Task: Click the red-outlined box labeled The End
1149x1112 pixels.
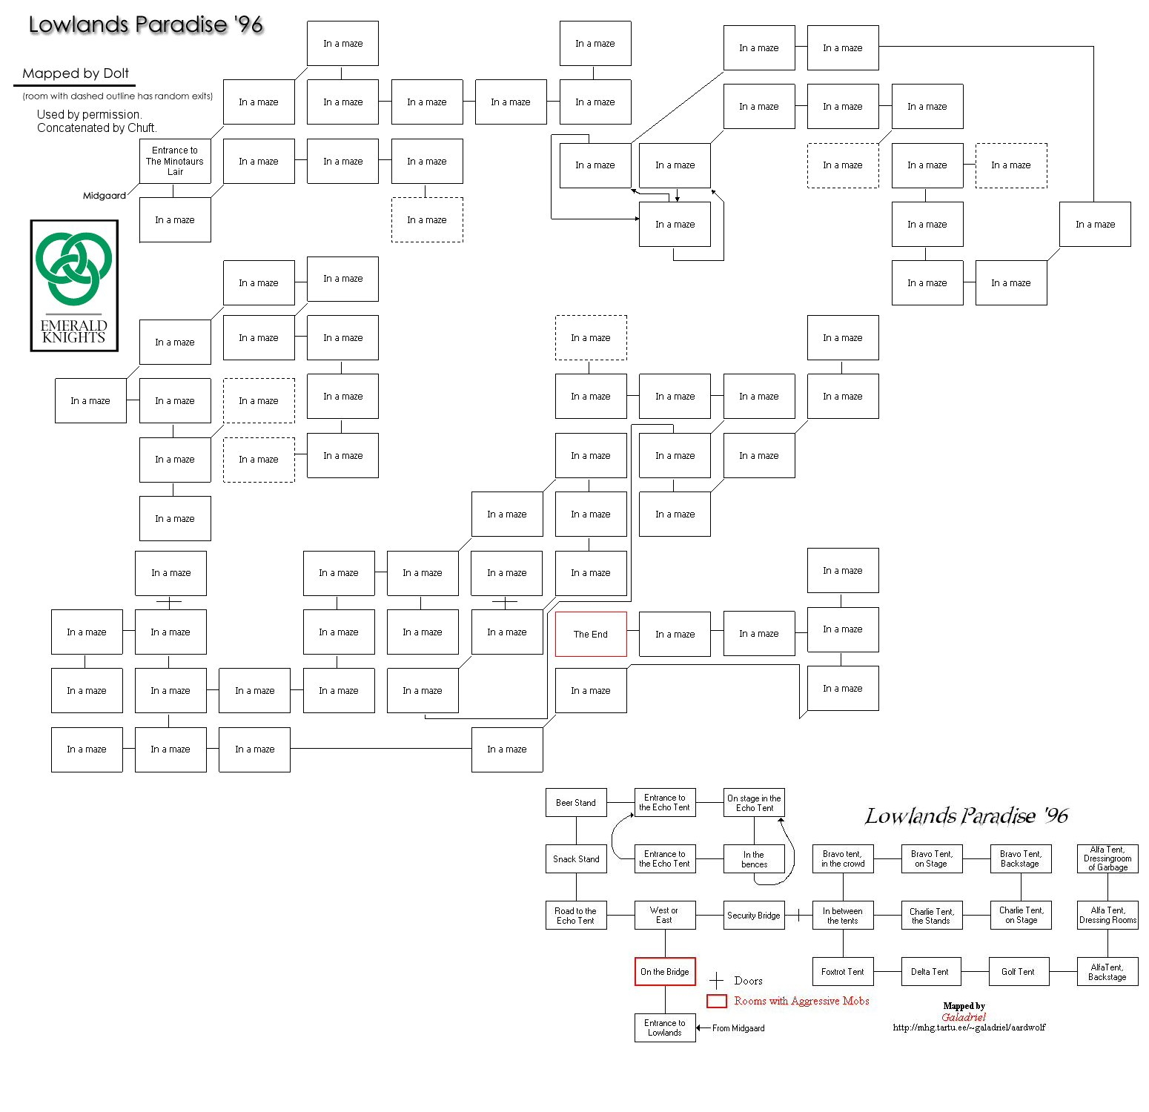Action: (x=590, y=634)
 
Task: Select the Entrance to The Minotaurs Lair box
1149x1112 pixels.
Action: (x=175, y=161)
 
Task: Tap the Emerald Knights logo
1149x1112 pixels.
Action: (x=74, y=285)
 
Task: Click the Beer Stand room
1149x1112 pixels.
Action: (x=576, y=802)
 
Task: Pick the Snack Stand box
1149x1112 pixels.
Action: (x=576, y=858)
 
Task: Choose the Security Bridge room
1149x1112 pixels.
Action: (x=753, y=916)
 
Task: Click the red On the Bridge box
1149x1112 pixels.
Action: (x=664, y=971)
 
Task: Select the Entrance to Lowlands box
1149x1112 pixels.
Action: (x=664, y=1027)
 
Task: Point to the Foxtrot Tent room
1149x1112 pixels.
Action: (x=842, y=971)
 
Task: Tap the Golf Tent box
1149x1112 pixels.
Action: (x=1018, y=971)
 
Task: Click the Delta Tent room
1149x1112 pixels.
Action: (x=930, y=971)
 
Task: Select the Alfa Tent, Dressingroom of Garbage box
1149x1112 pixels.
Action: (x=1107, y=858)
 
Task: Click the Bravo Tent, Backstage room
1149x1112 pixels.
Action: (x=1020, y=858)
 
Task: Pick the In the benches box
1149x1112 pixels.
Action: (x=753, y=858)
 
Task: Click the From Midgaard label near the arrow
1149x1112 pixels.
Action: (x=738, y=1028)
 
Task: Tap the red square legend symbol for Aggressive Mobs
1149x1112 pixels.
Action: (x=716, y=1001)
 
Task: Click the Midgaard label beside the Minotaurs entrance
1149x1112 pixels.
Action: (x=104, y=196)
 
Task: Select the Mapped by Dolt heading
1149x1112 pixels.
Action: (x=76, y=73)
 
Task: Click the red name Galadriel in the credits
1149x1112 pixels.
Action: (x=964, y=1017)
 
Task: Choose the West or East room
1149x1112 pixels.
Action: (x=664, y=915)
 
